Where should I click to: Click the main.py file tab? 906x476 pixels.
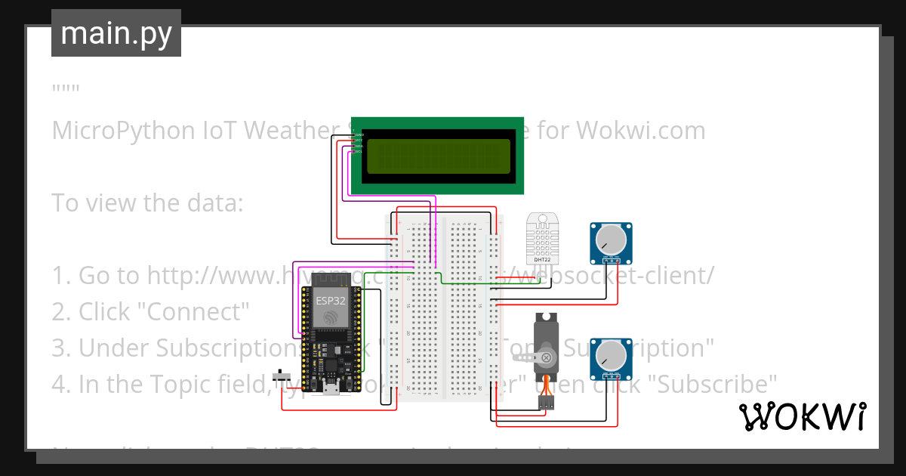[x=116, y=33]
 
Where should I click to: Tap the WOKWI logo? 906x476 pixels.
[x=802, y=416]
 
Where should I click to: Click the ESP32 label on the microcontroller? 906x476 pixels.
[x=331, y=300]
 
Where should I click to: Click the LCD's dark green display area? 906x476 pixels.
[x=439, y=155]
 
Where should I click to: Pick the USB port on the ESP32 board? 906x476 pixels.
[x=331, y=389]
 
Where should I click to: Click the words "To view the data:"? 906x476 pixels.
[x=147, y=202]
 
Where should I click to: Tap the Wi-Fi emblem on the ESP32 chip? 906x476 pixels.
[x=331, y=318]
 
